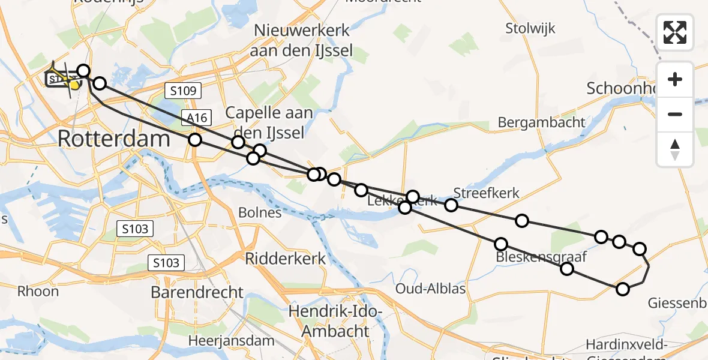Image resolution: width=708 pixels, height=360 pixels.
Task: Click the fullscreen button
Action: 675,32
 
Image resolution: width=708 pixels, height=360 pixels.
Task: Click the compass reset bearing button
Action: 675,149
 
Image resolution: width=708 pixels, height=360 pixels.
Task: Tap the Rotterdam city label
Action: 114,139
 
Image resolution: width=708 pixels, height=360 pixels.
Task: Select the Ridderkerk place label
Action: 286,259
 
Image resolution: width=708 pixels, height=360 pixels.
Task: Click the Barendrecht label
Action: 197,293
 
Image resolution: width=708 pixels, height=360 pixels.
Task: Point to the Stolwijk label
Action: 530,28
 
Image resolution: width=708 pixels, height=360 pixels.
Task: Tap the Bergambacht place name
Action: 541,122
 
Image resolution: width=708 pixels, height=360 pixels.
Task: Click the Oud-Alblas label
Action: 430,289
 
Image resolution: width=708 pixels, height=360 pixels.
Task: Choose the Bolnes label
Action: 260,212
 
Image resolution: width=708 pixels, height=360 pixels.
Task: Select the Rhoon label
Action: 38,292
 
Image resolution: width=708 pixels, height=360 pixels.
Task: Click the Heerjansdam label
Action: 231,340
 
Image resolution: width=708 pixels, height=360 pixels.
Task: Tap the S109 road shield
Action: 183,91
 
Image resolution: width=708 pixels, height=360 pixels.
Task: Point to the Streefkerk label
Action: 486,193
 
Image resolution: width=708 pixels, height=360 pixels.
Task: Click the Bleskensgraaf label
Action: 541,257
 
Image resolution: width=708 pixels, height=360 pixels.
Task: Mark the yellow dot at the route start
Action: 74,85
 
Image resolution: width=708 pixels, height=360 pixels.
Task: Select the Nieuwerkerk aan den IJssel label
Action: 303,41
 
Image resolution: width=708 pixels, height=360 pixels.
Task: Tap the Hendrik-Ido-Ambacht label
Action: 336,321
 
